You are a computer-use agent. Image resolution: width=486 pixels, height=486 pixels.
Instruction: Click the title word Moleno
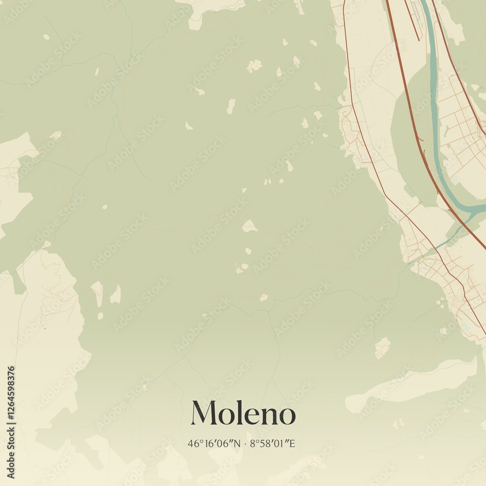pos(243,414)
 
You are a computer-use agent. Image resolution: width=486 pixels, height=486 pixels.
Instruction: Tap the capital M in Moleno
pos(203,413)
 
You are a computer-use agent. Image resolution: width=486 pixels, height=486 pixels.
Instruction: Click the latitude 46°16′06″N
pos(214,443)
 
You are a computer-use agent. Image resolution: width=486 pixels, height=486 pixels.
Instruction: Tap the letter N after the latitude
pos(237,443)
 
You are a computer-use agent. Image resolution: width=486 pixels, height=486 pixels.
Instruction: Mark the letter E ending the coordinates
pos(292,443)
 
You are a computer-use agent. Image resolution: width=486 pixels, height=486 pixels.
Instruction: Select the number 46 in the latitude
pos(192,443)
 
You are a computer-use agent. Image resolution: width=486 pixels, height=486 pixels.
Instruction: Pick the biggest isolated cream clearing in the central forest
pos(249,226)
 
